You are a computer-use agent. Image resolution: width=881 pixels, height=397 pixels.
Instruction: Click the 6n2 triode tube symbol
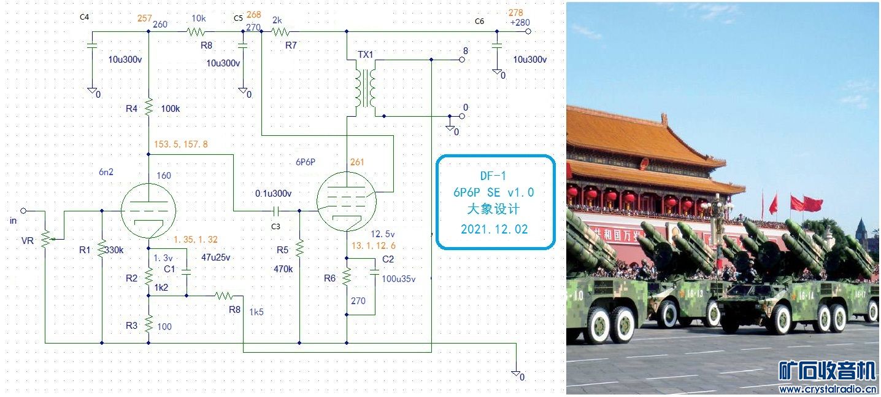pos(148,211)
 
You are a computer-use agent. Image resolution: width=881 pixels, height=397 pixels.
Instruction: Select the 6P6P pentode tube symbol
pos(347,202)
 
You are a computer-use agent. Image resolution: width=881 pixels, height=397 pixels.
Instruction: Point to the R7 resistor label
pos(291,45)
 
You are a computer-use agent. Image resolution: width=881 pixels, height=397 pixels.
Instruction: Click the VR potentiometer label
pos(28,241)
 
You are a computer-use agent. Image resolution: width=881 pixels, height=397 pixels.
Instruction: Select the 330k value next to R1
pos(114,251)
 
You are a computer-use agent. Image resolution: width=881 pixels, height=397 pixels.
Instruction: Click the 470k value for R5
pos(283,269)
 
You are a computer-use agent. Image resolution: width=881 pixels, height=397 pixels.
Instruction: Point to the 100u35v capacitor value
pos(399,279)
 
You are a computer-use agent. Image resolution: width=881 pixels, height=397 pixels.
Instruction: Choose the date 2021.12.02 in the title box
pos(494,229)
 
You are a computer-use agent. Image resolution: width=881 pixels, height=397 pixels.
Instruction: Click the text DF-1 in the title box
pos(494,176)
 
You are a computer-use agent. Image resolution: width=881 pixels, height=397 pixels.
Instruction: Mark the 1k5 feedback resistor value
pos(256,312)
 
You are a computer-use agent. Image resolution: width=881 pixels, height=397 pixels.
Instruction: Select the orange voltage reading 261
pos(357,162)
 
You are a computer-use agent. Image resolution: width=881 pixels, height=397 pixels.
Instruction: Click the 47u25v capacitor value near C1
pos(215,257)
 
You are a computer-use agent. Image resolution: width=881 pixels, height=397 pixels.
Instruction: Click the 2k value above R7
pos(277,20)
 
